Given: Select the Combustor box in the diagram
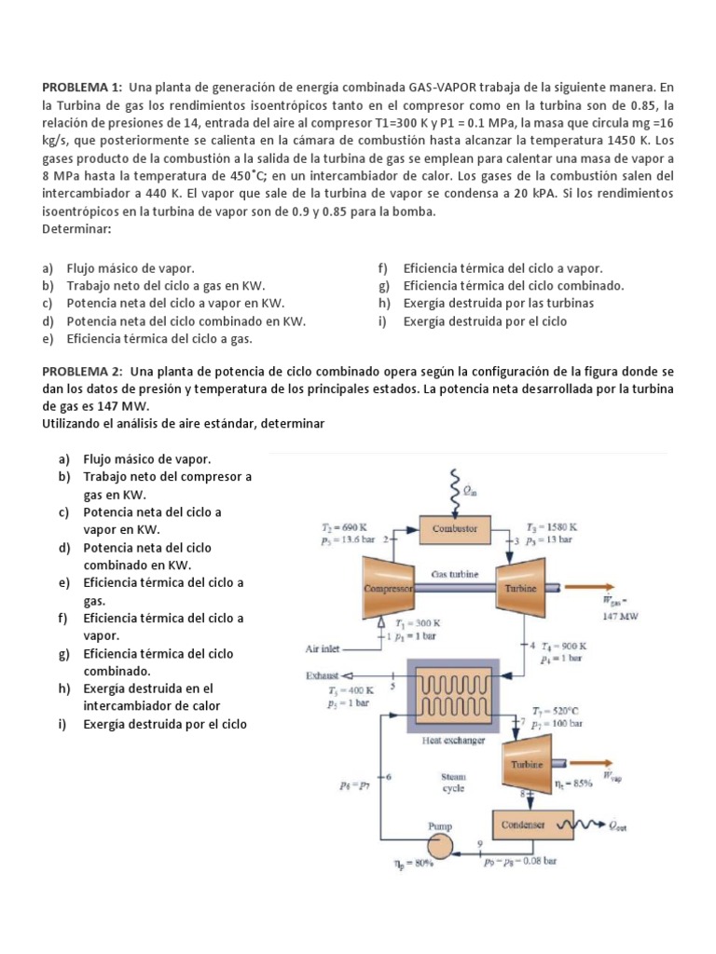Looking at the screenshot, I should pyautogui.click(x=454, y=528).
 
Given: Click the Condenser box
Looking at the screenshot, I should pyautogui.click(x=528, y=825).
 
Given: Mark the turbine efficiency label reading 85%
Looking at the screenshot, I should pyautogui.click(x=573, y=784).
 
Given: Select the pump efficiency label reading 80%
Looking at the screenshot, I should pyautogui.click(x=411, y=864).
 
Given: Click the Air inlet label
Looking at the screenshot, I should pyautogui.click(x=324, y=648).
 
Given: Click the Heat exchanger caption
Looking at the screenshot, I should pyautogui.click(x=453, y=741).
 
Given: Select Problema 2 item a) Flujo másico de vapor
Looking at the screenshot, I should pyautogui.click(x=146, y=459).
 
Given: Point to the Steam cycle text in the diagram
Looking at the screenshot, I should pyautogui.click(x=454, y=781).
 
